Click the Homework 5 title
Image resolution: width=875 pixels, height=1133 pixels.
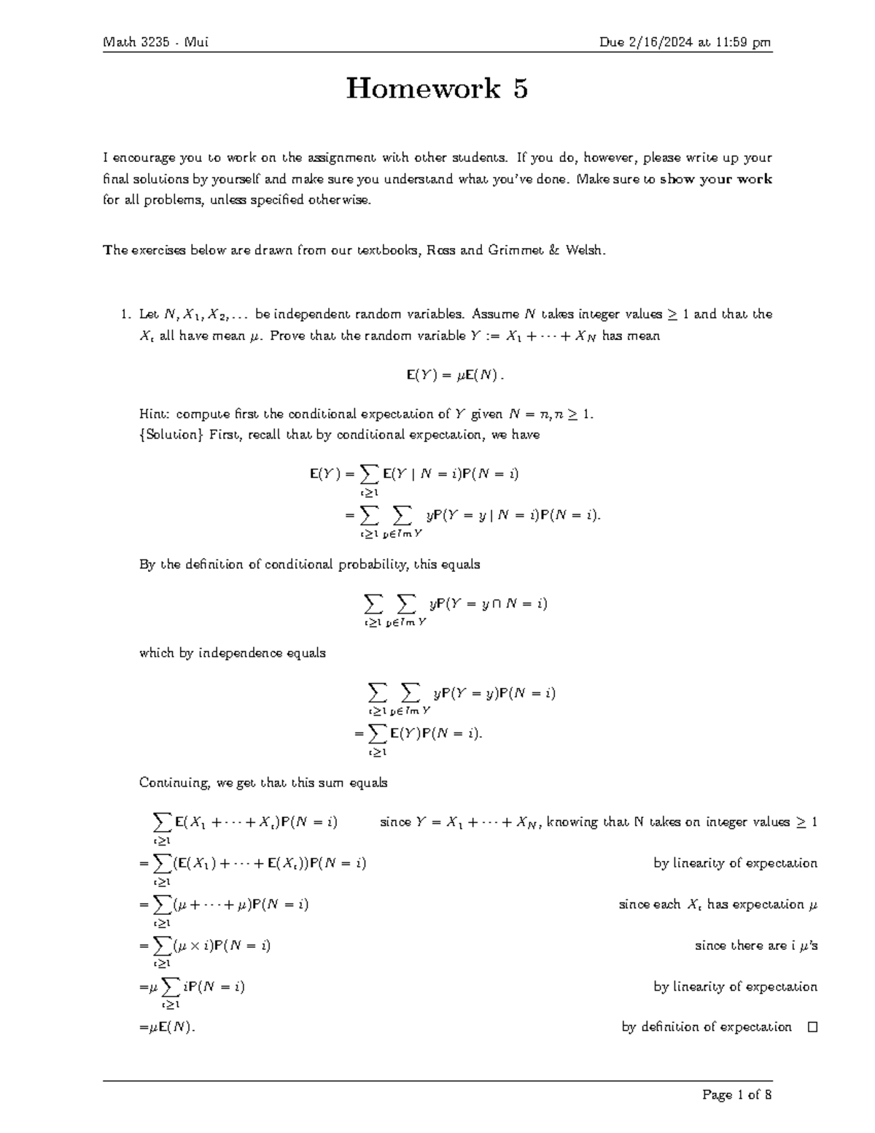[x=437, y=89]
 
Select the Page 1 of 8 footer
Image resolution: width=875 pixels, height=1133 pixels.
[x=736, y=1094]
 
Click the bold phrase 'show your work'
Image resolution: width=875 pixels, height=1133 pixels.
[x=715, y=179]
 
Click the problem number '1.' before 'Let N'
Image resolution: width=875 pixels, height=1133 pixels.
[x=125, y=314]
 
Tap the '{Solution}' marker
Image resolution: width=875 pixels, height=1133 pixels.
[x=172, y=435]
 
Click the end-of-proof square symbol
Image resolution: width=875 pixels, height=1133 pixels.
[x=812, y=1027]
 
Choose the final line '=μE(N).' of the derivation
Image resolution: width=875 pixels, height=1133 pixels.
[x=167, y=1027]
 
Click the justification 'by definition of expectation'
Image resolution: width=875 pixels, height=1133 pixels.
[x=706, y=1027]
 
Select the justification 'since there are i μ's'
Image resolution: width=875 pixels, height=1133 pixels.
[x=755, y=946]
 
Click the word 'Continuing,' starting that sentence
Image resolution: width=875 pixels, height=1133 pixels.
[x=174, y=783]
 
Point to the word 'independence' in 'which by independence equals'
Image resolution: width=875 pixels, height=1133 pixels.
[x=236, y=653]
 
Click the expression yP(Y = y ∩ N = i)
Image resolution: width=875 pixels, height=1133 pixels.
[x=488, y=603]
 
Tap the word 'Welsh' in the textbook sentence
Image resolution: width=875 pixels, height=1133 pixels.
[x=585, y=250]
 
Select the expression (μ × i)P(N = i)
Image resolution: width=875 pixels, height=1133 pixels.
[x=222, y=946]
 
